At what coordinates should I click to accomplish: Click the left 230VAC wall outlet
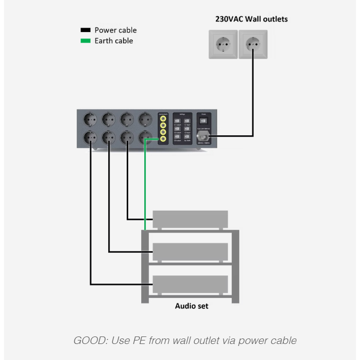point(223,45)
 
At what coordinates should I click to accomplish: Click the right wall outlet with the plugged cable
point(253,45)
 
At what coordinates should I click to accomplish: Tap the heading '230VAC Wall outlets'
point(251,20)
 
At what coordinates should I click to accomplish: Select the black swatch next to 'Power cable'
point(86,30)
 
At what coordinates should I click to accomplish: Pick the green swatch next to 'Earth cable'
point(86,41)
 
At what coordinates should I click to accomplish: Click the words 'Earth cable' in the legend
point(114,41)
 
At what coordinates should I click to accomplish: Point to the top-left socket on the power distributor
point(91,119)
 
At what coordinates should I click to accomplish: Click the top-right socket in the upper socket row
point(145,119)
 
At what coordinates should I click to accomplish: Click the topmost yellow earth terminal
point(163,120)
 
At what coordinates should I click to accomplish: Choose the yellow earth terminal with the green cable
point(163,139)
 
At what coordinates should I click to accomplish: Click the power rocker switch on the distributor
point(203,121)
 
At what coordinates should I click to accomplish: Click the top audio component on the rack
point(190,219)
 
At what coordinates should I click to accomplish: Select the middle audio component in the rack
point(190,251)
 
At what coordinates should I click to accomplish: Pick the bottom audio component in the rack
point(190,284)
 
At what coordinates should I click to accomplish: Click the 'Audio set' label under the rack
point(191,306)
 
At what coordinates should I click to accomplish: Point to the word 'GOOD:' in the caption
point(89,341)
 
